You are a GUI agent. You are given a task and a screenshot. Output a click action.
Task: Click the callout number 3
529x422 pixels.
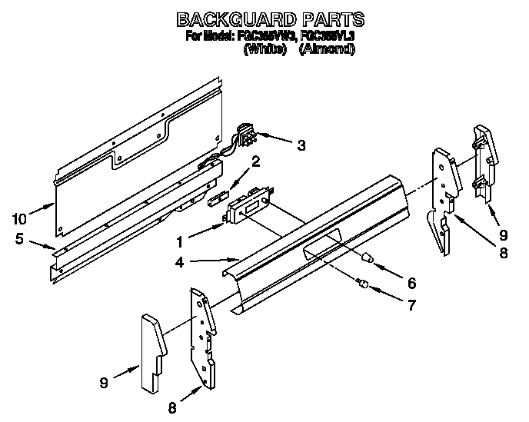tap(301, 144)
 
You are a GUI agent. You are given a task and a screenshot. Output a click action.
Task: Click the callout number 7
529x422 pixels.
tap(411, 305)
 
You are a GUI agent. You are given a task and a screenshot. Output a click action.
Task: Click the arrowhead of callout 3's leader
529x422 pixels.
tap(264, 140)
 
